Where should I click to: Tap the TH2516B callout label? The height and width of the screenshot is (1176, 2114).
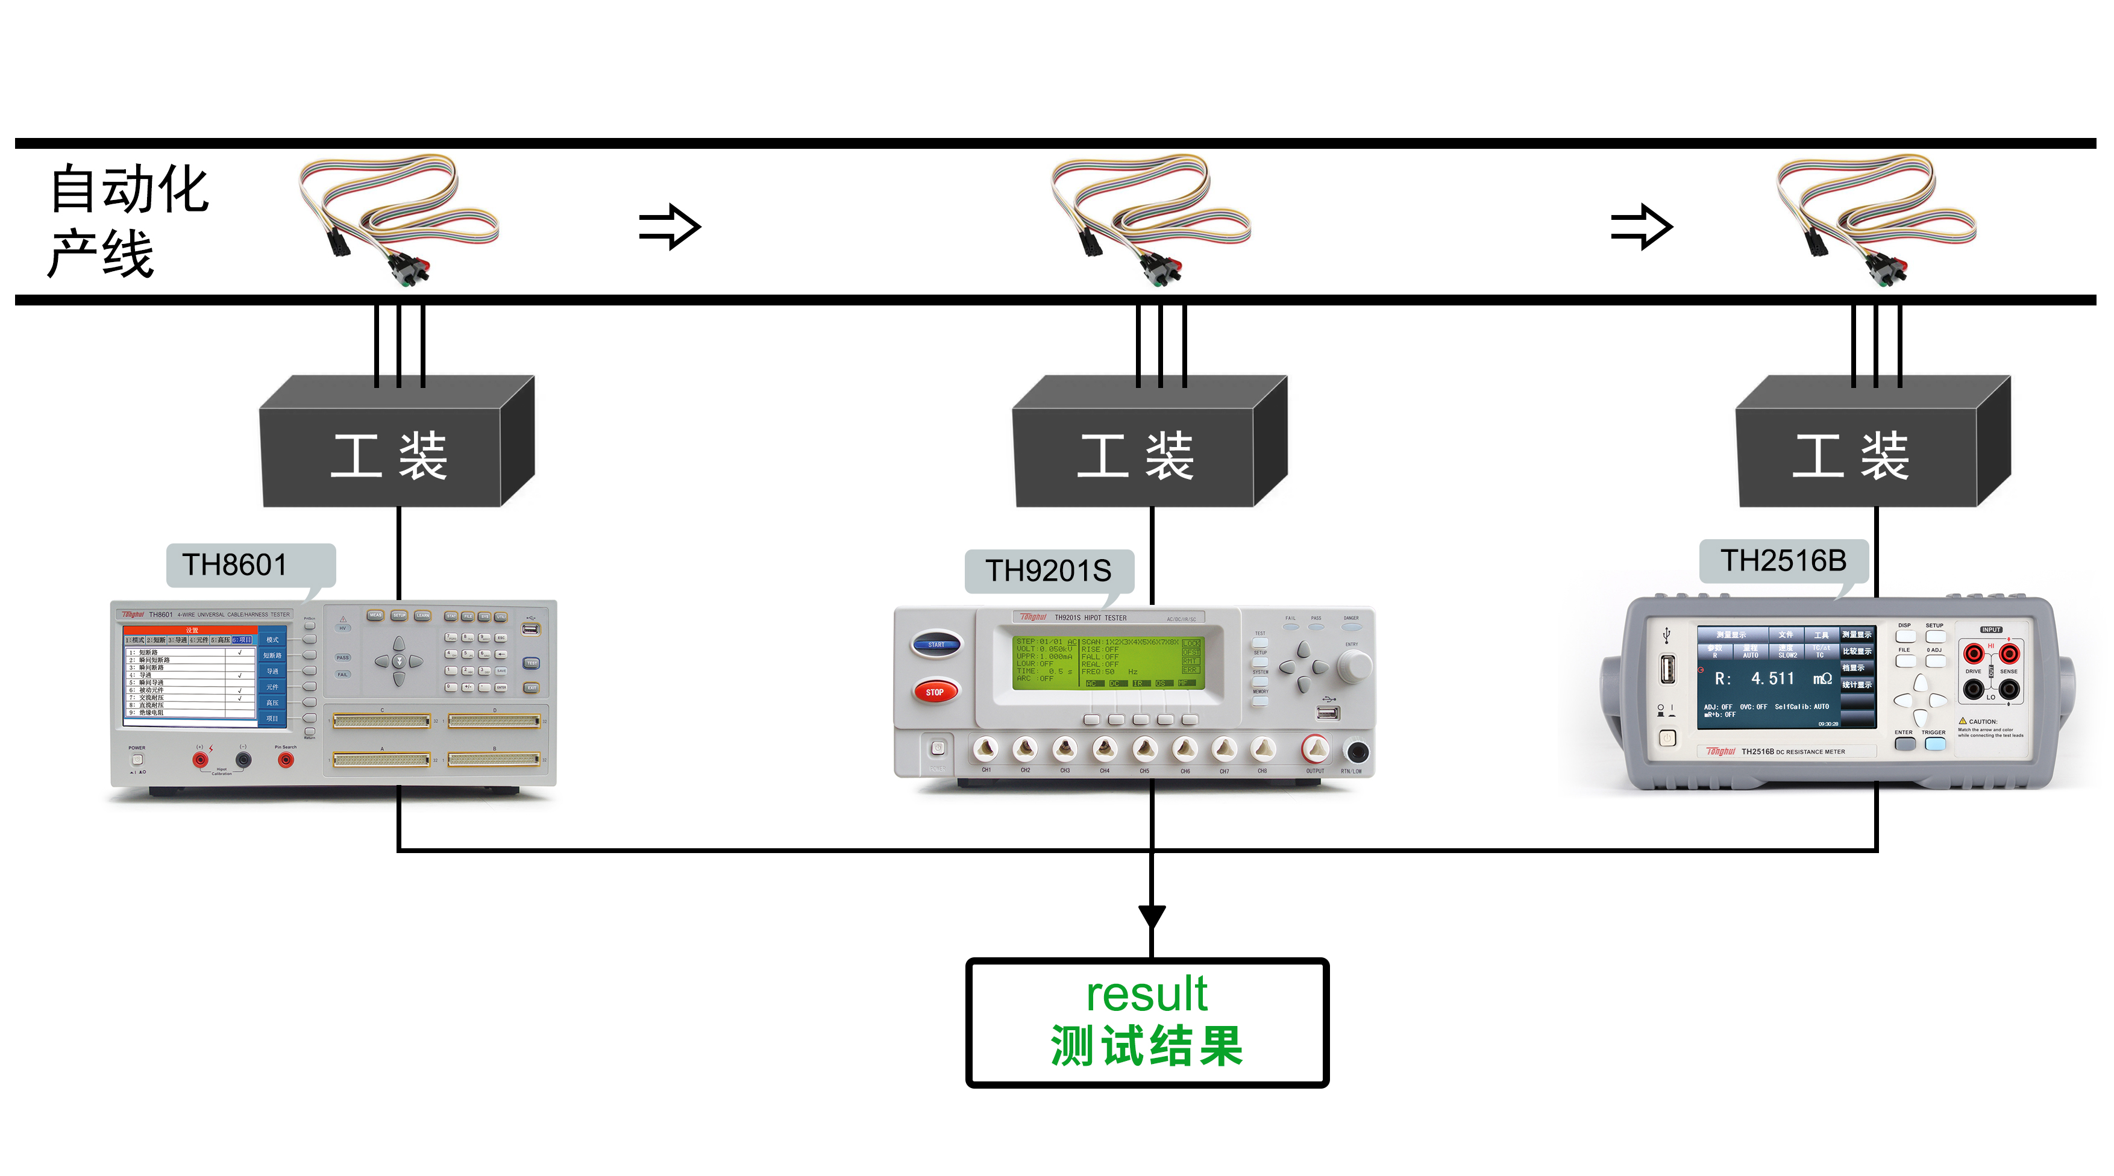point(1783,561)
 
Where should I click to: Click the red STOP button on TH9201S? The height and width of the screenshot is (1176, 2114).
point(935,692)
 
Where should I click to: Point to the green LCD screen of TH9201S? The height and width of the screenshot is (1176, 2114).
point(1108,661)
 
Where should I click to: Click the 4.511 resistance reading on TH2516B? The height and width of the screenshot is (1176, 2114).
point(1772,679)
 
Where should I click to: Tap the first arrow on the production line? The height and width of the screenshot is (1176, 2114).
point(669,227)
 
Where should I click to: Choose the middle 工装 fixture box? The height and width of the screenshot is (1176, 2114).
point(1136,456)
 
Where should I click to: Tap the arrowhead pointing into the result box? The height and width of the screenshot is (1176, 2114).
point(1152,917)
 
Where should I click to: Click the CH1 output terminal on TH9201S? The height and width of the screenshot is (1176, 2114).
point(986,748)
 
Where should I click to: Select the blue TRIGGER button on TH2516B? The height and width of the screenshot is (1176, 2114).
point(1935,743)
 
